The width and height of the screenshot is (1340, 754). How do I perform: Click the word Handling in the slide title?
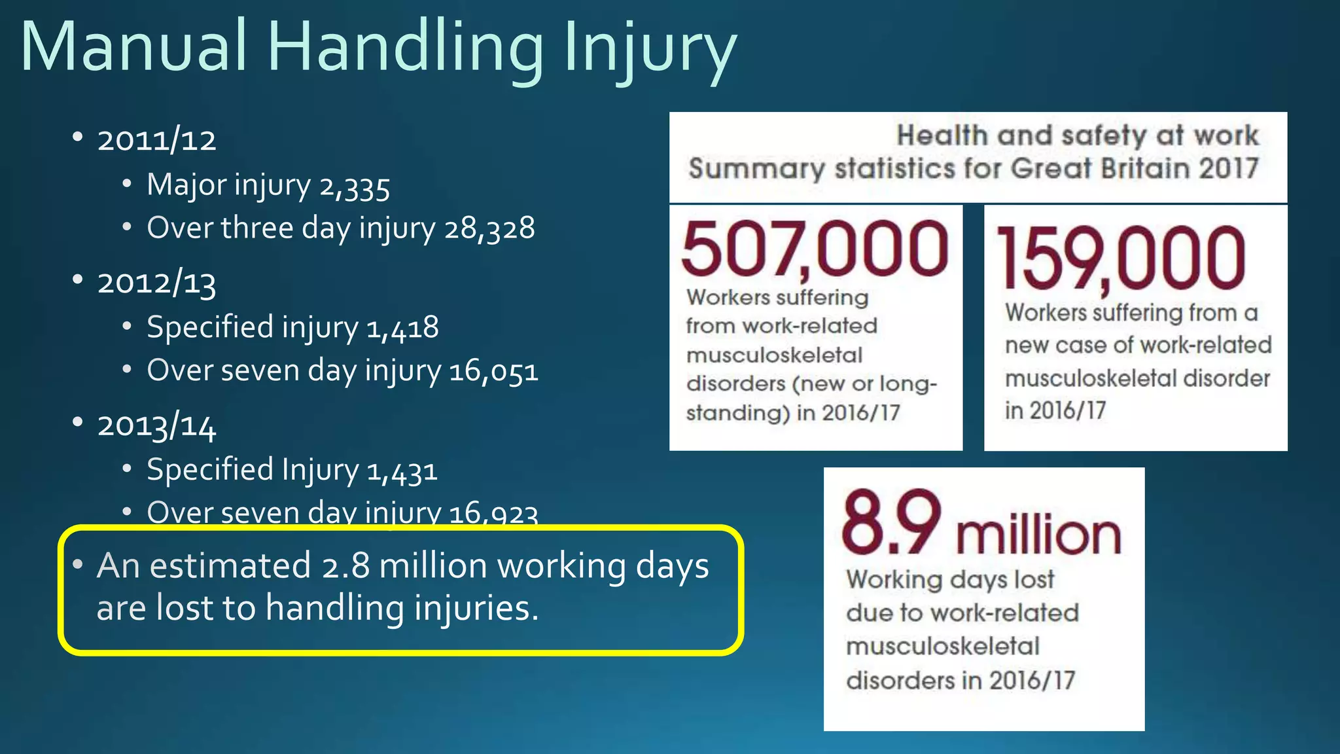pos(406,47)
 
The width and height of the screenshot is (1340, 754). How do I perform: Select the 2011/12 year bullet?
pos(156,140)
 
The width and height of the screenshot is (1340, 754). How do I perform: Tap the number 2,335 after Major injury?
pos(355,186)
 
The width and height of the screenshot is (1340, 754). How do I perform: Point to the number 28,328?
pos(489,228)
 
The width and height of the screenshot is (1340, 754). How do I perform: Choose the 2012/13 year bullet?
pos(156,283)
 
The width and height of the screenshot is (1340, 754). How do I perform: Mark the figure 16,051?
pos(494,371)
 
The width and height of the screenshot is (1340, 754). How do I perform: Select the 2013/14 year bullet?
pos(156,426)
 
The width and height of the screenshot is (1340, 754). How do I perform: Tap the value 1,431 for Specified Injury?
pos(402,471)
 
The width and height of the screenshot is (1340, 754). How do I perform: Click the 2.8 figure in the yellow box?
pos(345,566)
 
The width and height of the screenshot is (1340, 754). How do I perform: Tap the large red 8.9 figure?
pos(891,523)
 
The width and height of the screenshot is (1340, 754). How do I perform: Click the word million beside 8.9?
pos(1039,534)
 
